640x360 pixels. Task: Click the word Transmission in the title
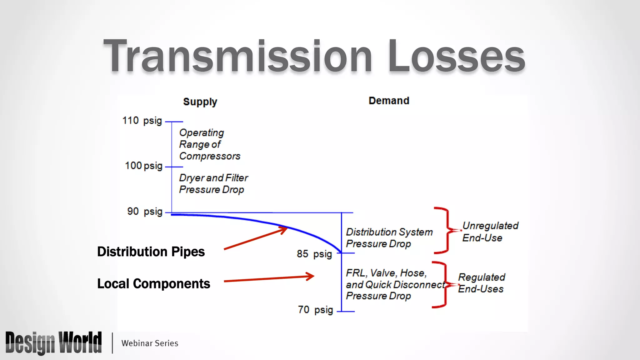pos(237,56)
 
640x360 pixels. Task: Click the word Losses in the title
pos(456,56)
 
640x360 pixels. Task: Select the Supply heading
pos(200,102)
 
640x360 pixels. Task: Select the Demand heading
pos(389,101)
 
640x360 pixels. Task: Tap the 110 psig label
pos(142,121)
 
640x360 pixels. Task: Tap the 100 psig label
pos(144,166)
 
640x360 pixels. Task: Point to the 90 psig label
pos(145,212)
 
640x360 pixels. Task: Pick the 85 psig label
pos(314,254)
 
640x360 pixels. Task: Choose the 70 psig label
pos(315,310)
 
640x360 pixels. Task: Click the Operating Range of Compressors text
pos(209,144)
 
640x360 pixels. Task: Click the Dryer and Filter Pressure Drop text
pos(213,184)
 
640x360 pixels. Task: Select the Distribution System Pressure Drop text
pos(389,238)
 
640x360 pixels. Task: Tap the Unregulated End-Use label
pos(490,232)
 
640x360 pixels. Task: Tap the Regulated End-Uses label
pos(481,283)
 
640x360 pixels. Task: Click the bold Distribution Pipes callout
pos(151,252)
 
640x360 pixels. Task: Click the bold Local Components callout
pos(153,284)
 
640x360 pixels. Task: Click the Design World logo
pos(53,343)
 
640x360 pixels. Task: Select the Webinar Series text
pos(150,343)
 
